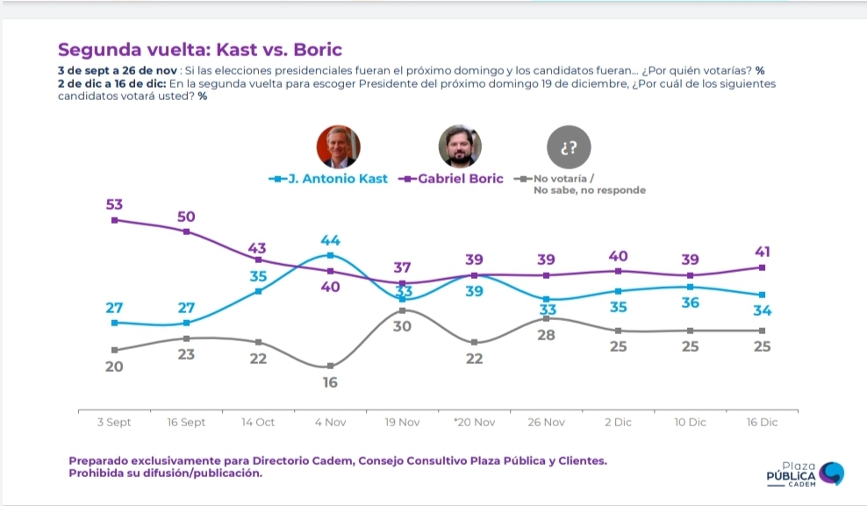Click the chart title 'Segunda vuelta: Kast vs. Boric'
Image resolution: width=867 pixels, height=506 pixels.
(x=200, y=50)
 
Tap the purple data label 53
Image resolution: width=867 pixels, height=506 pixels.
(x=114, y=204)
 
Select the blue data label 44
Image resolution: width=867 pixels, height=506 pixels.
(x=330, y=240)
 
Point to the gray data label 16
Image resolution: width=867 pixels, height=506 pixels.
(x=330, y=382)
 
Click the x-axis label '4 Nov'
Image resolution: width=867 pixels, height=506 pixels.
(x=330, y=422)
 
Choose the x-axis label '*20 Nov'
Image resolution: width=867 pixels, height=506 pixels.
(x=475, y=422)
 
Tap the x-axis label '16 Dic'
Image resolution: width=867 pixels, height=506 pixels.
(x=762, y=422)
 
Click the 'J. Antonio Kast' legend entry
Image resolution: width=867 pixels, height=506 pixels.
(x=328, y=178)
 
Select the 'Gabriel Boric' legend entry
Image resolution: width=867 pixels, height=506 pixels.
(x=451, y=178)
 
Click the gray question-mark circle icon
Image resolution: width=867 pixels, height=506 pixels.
(x=569, y=147)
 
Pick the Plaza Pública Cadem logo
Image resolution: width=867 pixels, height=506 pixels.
(x=805, y=474)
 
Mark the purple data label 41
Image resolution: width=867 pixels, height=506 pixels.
(x=763, y=252)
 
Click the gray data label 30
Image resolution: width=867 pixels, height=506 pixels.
(x=402, y=326)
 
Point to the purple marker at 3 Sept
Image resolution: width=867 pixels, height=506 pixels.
(x=114, y=220)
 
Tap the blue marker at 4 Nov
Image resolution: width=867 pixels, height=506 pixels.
(x=330, y=255)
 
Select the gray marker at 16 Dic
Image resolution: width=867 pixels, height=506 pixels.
(x=762, y=331)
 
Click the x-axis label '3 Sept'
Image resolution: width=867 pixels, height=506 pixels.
(x=114, y=422)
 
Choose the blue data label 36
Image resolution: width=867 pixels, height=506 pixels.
(x=690, y=303)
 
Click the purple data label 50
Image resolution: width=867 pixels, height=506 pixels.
(x=186, y=217)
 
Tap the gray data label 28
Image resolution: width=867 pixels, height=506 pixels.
(x=547, y=335)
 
